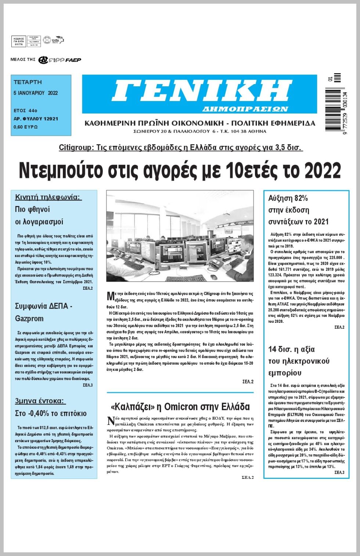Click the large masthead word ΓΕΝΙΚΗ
tap(202, 91)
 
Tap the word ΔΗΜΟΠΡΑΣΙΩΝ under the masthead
tap(245, 109)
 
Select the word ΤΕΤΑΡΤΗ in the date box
tap(28, 82)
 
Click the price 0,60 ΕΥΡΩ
tap(26, 127)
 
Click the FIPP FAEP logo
tap(60, 60)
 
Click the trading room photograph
tap(180, 236)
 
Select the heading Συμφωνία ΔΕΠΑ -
tap(44, 306)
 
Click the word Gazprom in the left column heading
tap(29, 318)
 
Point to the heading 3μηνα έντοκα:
tap(40, 401)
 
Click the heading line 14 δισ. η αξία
tap(291, 349)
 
